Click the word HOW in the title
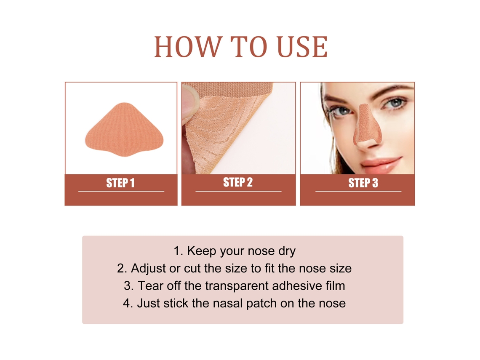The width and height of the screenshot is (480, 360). point(187,47)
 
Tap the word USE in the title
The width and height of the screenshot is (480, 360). point(302,47)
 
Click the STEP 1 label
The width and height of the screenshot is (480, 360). point(120,183)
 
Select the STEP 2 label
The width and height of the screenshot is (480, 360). point(238,182)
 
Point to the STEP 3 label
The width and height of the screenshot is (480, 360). point(363,183)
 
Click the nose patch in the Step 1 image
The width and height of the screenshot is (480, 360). point(124,130)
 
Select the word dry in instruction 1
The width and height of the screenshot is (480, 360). point(287,251)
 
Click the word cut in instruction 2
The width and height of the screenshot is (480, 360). point(192,269)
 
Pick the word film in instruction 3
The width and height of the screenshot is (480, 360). point(336,285)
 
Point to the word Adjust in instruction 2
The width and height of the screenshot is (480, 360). point(148,269)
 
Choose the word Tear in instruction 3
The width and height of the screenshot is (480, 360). point(149,286)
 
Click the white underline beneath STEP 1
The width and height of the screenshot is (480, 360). point(121,191)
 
